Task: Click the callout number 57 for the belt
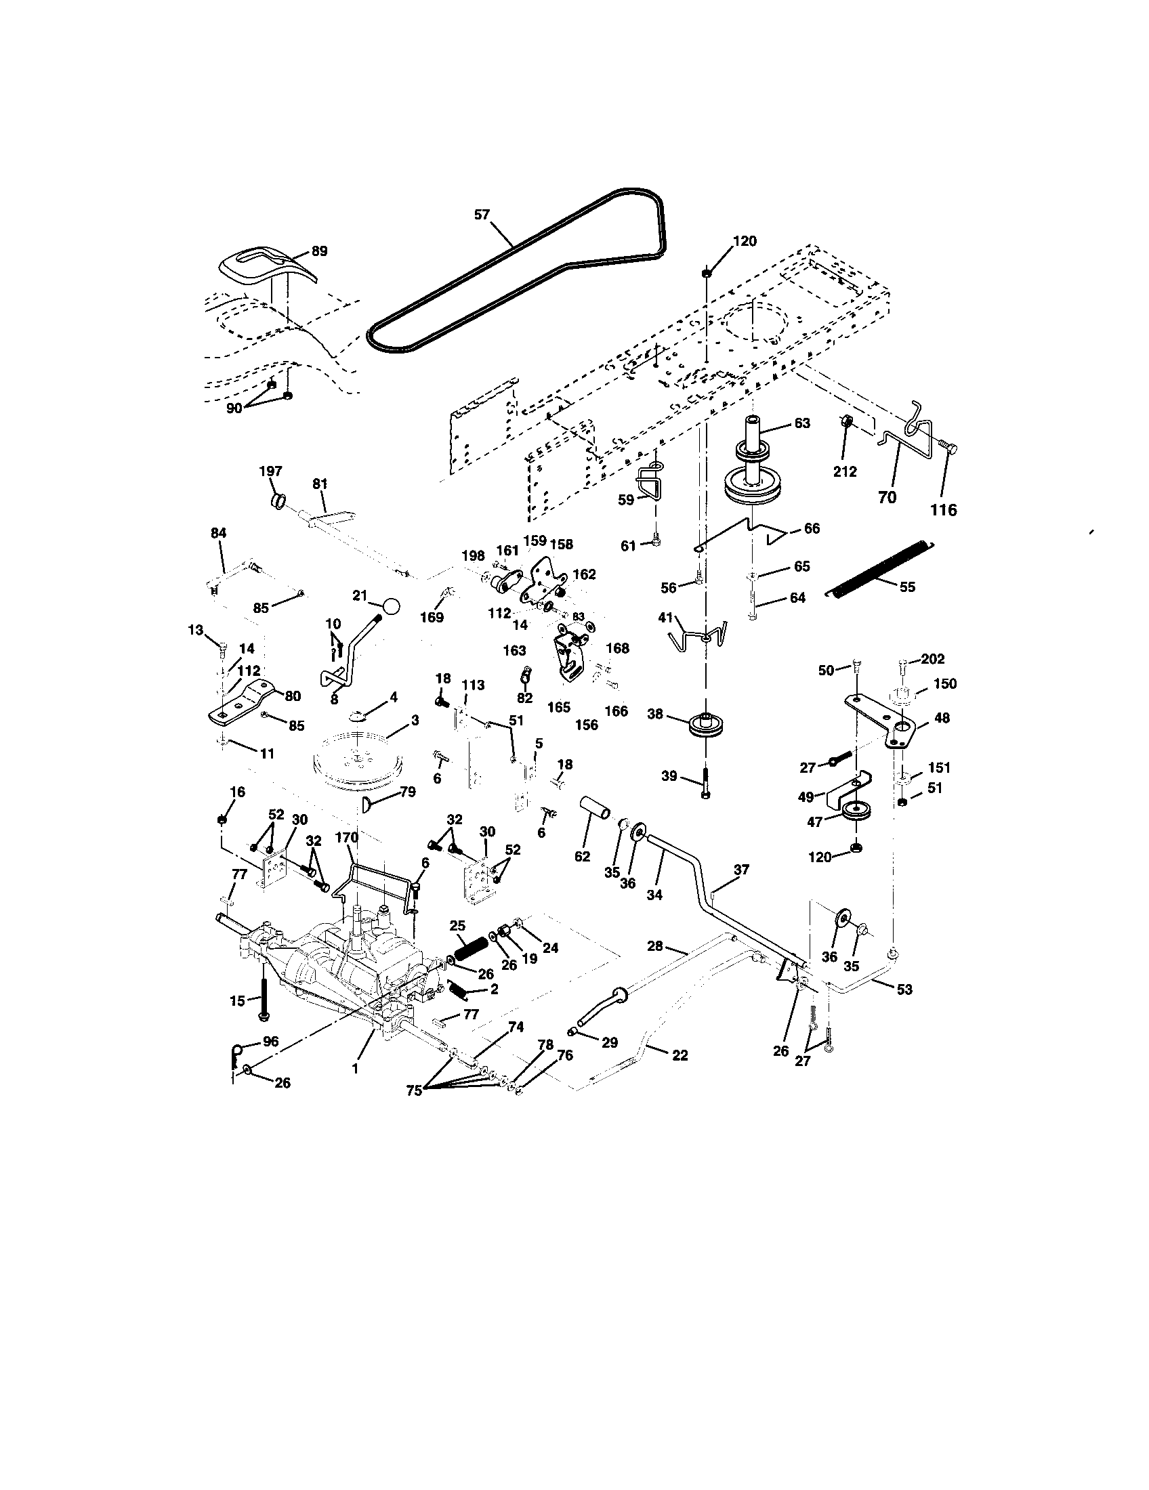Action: [482, 214]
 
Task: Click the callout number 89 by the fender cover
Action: [318, 251]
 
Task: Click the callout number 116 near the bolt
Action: [944, 509]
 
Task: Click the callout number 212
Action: [845, 471]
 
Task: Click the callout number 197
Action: [270, 471]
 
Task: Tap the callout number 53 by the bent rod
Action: [904, 989]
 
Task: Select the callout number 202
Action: [932, 659]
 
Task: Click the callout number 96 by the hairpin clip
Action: [271, 1043]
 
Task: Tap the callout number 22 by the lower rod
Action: [680, 1055]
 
